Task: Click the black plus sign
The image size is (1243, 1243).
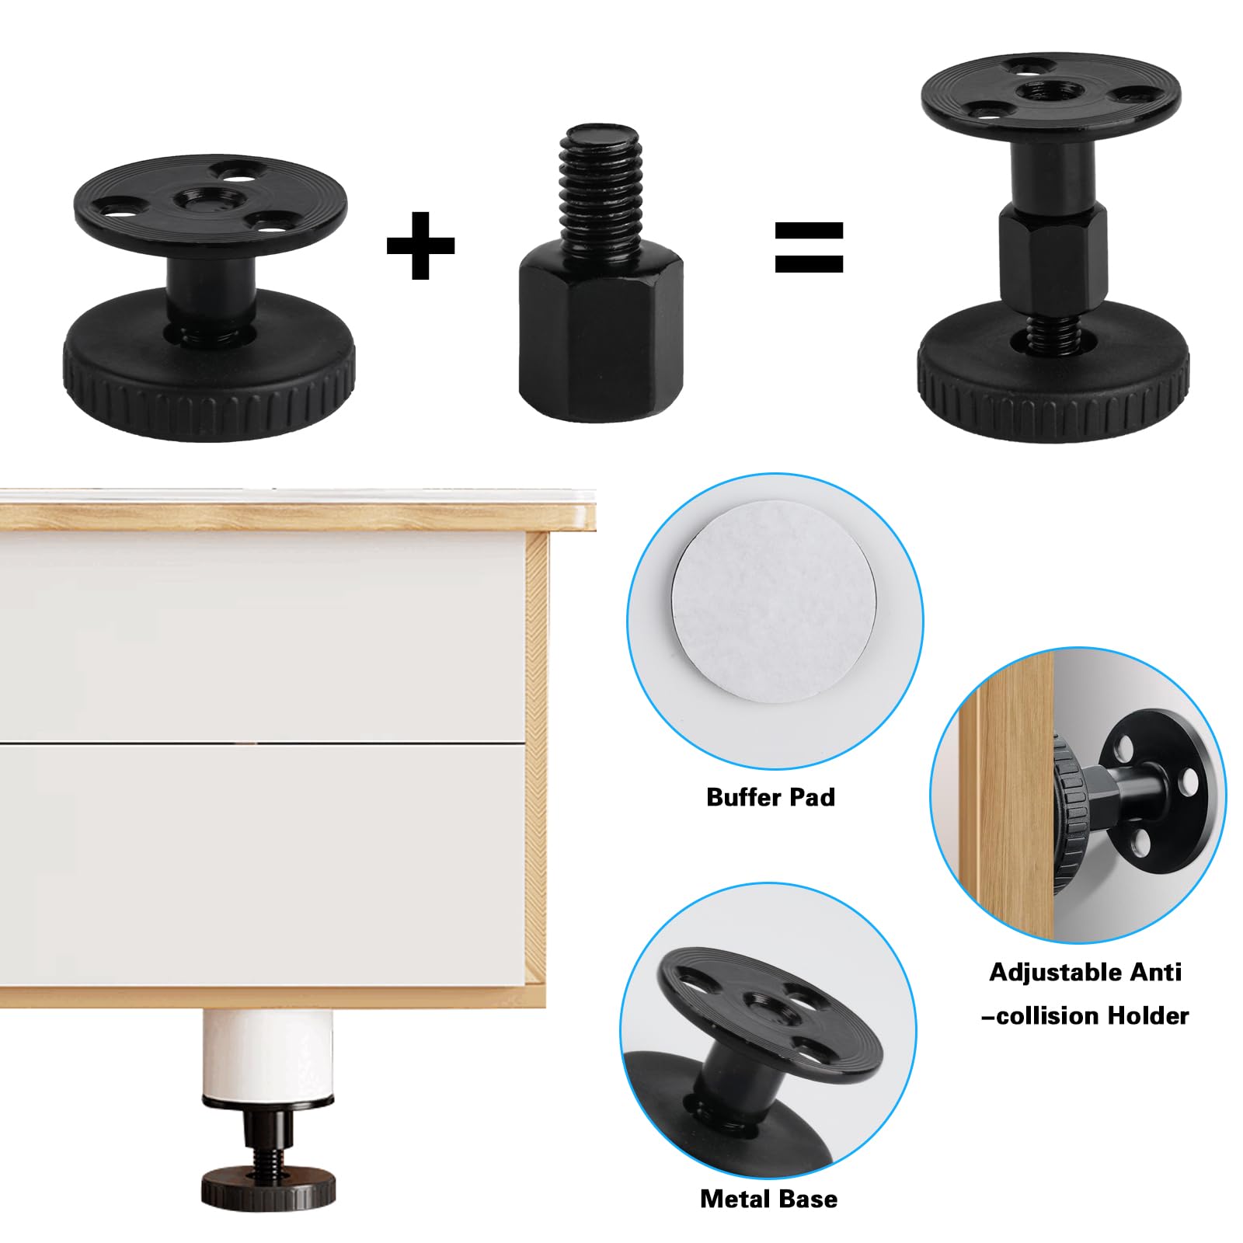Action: (420, 245)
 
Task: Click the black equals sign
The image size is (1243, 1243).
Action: (809, 247)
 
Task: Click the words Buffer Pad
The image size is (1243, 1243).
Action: (770, 797)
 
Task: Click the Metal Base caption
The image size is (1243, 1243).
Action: (768, 1199)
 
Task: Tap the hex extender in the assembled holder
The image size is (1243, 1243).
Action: (1052, 257)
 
